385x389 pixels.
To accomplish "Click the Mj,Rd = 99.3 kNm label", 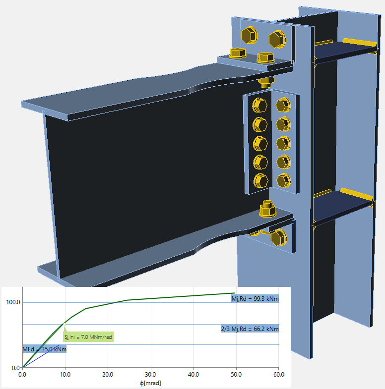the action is pos(255,299).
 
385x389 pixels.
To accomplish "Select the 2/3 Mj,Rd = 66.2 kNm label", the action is pos(250,329).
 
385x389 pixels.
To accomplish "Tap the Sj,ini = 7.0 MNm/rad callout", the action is pos(88,337).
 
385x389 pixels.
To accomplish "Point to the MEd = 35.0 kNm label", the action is pos(45,349).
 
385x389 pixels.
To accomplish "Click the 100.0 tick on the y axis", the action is pos(13,302).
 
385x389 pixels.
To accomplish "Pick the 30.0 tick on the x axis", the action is pos(150,374).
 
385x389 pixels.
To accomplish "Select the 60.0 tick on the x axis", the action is pos(279,374).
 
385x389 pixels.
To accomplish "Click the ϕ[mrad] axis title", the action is pos(150,383).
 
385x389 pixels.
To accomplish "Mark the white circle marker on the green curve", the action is pos(64,324).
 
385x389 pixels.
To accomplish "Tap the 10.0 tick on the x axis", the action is pos(65,374).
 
